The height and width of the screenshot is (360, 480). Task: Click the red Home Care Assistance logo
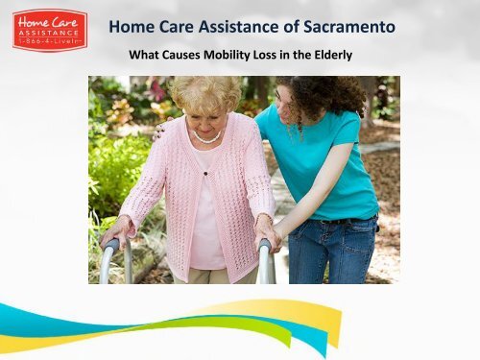click(x=50, y=31)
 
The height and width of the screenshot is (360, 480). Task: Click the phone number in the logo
click(x=50, y=44)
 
